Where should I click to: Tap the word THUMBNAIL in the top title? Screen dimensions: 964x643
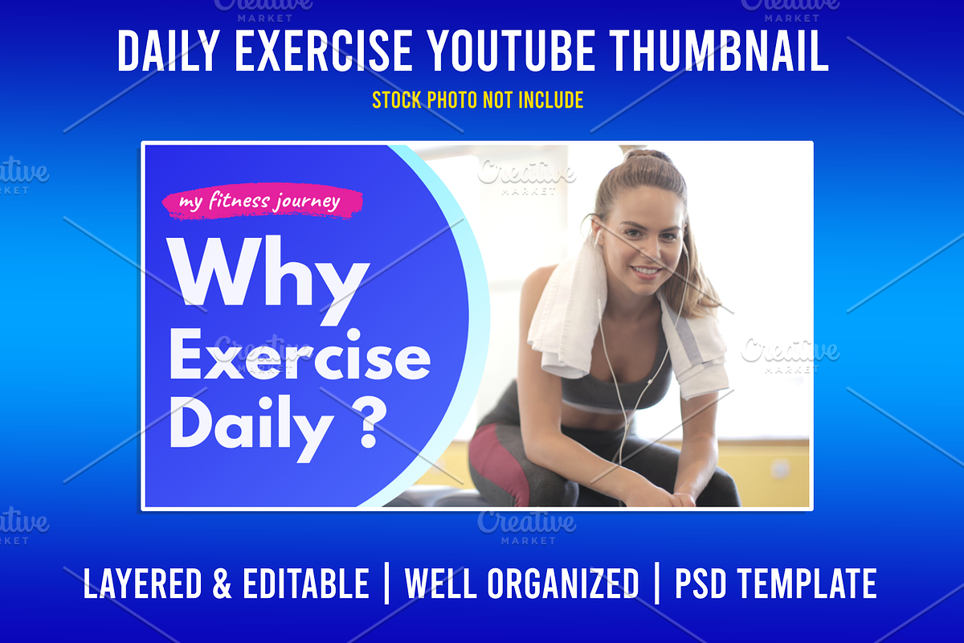tap(719, 51)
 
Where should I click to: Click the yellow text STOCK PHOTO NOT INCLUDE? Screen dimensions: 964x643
tap(478, 100)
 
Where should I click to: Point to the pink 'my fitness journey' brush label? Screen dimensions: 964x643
tap(263, 202)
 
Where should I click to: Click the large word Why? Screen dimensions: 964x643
tap(269, 279)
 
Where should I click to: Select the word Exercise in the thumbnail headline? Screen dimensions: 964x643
tap(300, 354)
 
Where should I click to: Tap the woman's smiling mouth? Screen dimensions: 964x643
tap(646, 272)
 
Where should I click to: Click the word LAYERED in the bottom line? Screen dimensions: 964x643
tap(142, 584)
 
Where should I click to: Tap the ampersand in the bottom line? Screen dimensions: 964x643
tap(222, 584)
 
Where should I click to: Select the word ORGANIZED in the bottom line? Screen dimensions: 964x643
tap(563, 584)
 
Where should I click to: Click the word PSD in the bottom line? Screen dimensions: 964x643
tap(701, 584)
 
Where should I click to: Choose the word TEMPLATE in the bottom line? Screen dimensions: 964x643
tap(807, 584)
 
